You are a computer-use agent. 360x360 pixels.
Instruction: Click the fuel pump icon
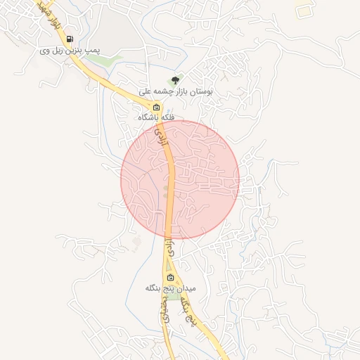tap(69, 39)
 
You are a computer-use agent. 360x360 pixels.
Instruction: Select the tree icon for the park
tap(175, 81)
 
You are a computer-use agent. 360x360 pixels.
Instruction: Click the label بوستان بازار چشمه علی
tap(176, 91)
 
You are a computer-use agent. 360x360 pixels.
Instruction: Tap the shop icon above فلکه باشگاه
tap(156, 108)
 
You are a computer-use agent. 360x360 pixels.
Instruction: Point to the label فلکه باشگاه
tap(156, 118)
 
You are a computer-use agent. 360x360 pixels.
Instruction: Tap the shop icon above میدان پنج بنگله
tap(169, 277)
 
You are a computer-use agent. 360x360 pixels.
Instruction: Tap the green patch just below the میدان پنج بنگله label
tap(173, 296)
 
